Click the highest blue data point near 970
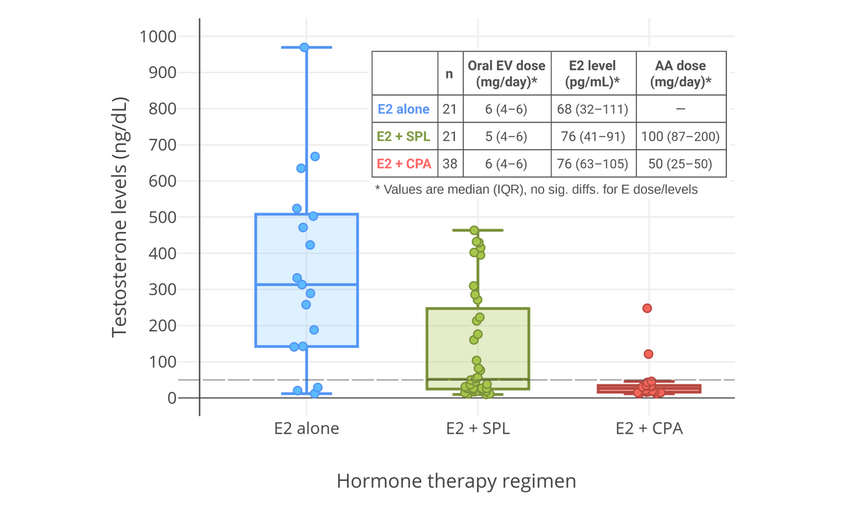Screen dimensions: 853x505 (x=304, y=47)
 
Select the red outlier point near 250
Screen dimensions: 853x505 (x=647, y=308)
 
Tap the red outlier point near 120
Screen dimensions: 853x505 (x=648, y=354)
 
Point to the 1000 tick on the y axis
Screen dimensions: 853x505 (x=158, y=37)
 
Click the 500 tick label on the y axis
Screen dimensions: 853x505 (x=163, y=217)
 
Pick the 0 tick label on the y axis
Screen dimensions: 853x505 (x=172, y=398)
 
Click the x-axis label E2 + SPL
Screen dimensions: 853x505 (x=478, y=428)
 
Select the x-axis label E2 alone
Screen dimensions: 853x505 (x=307, y=428)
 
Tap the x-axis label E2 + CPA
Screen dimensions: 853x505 (x=649, y=428)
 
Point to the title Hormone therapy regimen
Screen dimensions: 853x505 (x=456, y=481)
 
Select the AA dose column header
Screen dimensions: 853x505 (x=680, y=73)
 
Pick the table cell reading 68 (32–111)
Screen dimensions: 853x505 (x=592, y=109)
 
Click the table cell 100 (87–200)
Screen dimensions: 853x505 (x=680, y=137)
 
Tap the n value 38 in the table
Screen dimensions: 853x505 (x=450, y=164)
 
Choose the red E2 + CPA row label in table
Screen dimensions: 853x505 (x=404, y=164)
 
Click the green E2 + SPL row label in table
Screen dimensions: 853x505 (x=403, y=137)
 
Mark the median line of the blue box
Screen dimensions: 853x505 (x=307, y=284)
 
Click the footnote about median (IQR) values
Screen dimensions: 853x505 (x=536, y=189)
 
